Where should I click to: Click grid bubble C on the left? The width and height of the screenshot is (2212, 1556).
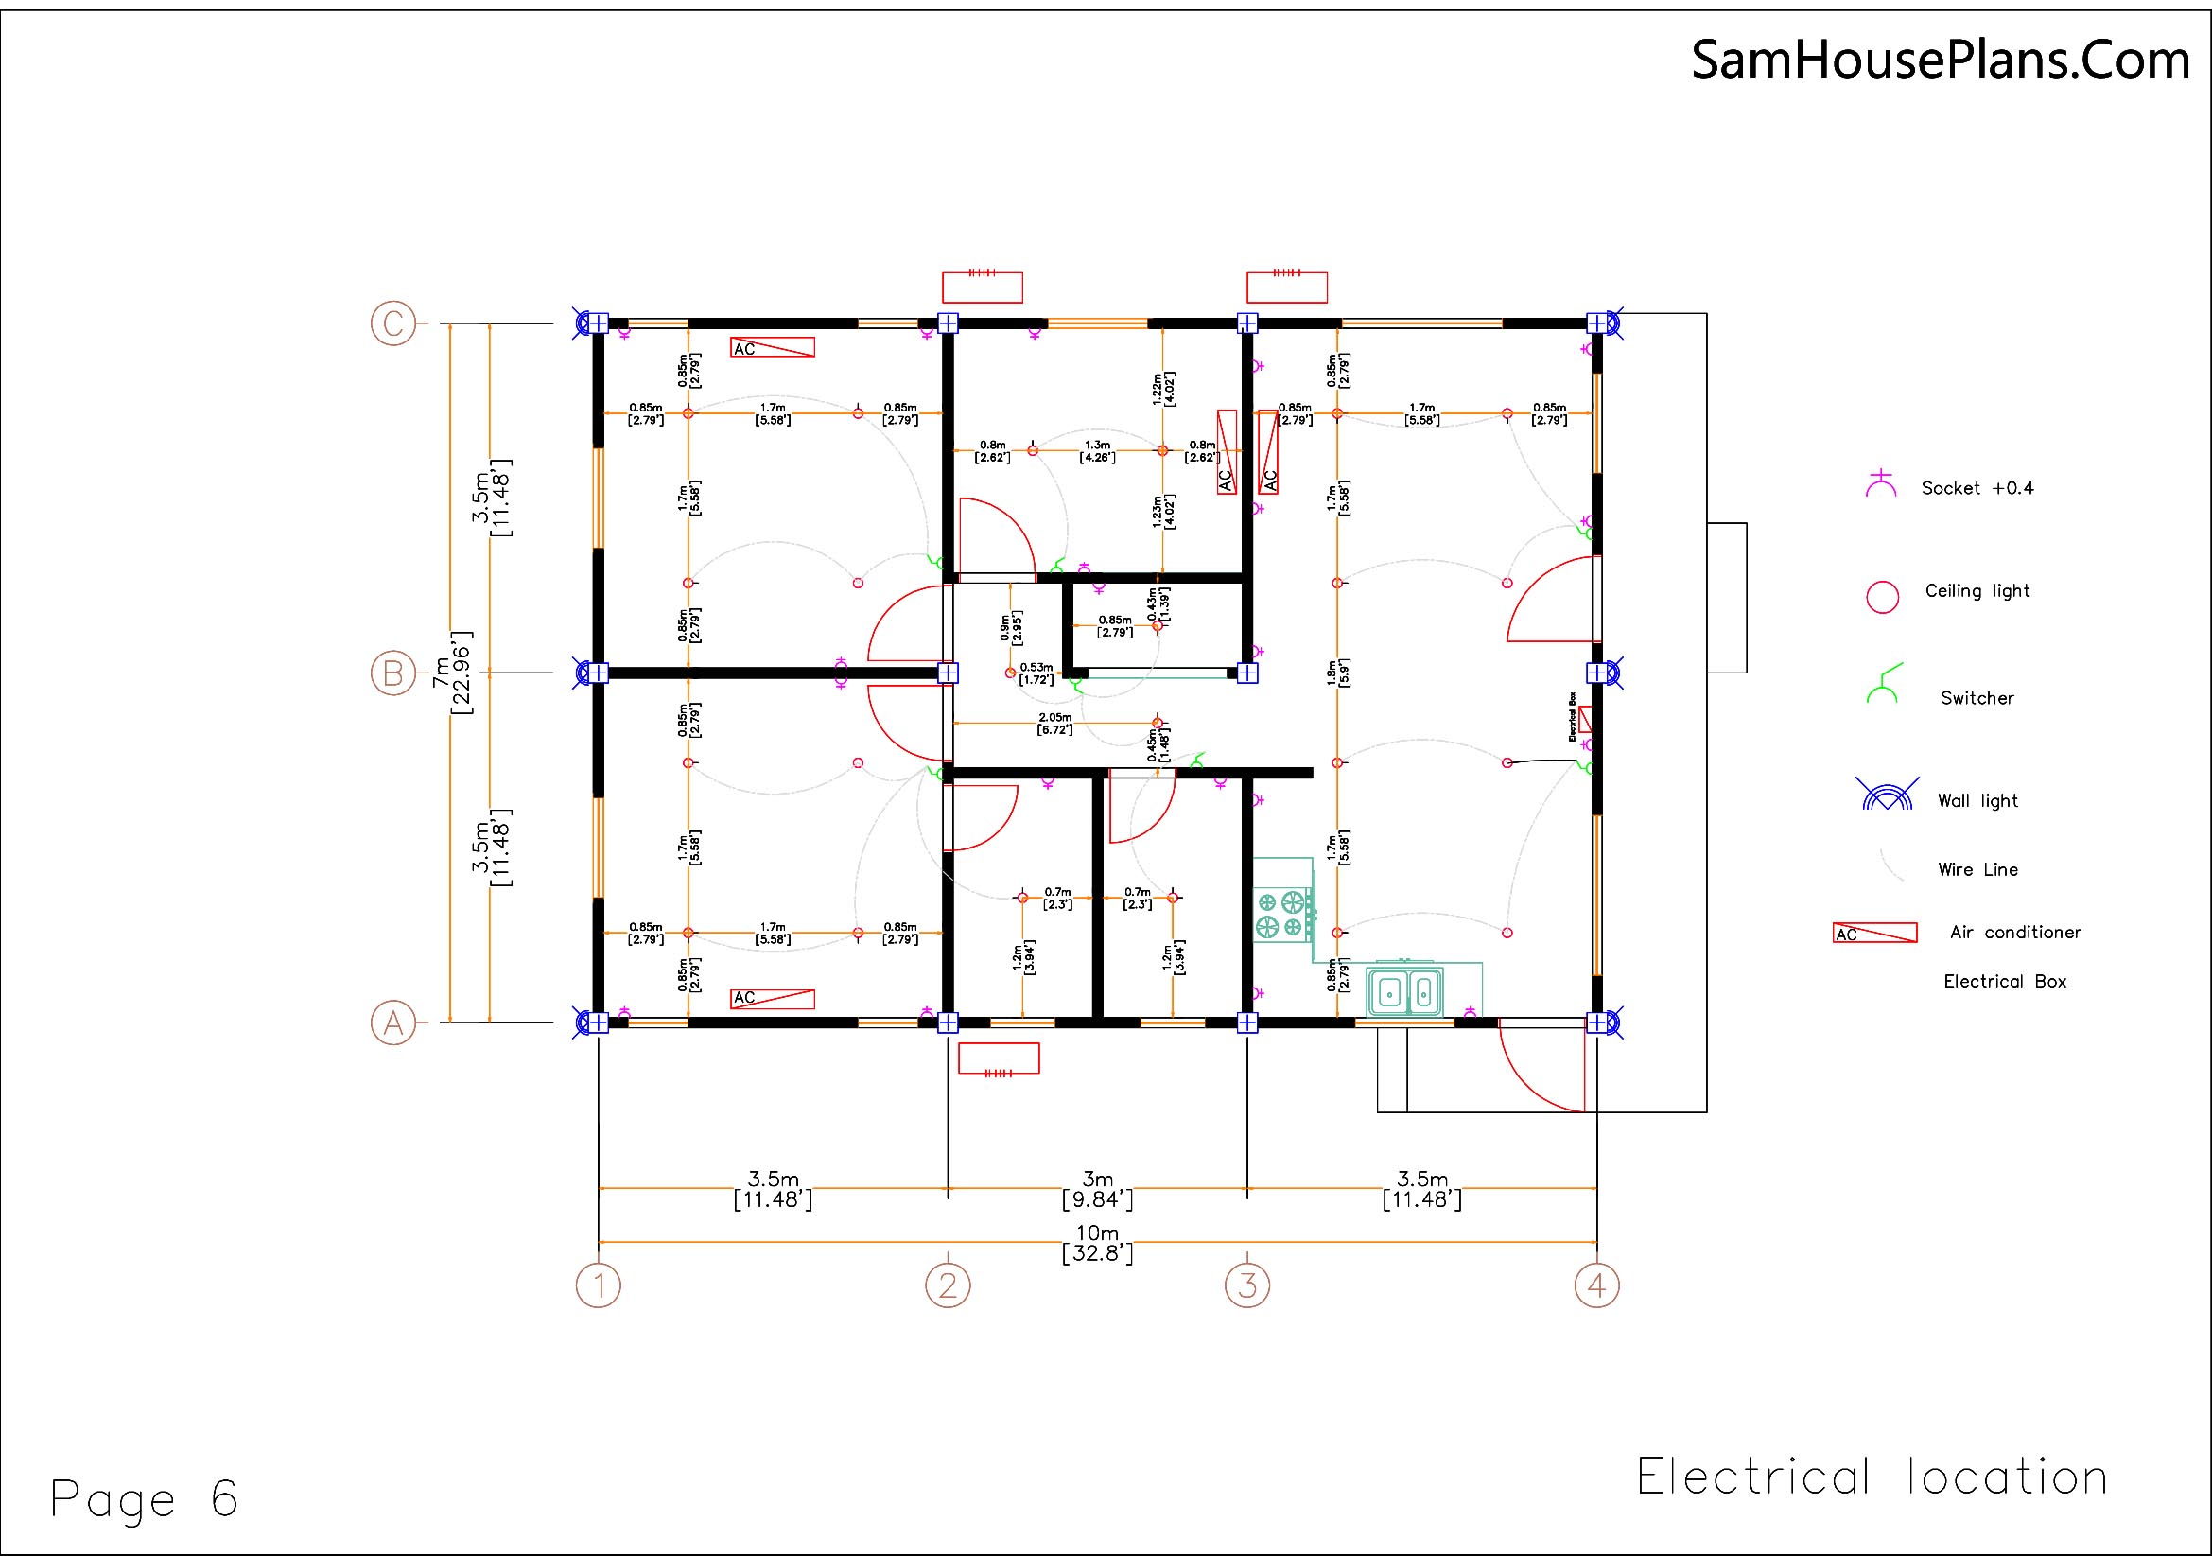tap(393, 323)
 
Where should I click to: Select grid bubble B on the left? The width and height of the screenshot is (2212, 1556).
tap(393, 673)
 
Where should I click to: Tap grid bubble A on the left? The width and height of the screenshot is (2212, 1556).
tap(393, 1023)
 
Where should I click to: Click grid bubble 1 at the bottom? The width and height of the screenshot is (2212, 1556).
tap(599, 1285)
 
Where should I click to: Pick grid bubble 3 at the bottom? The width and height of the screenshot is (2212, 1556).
tap(1247, 1285)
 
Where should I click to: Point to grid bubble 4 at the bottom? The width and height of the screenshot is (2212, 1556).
tap(1596, 1285)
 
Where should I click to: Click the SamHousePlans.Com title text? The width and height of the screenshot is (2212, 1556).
tap(1941, 60)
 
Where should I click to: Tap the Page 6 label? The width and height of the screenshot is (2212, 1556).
tap(145, 1499)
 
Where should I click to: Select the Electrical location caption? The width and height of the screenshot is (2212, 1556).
tap(1872, 1477)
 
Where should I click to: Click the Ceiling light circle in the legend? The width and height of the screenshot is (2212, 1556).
tap(1883, 596)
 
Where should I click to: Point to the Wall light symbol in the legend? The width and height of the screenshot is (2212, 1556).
tap(1887, 795)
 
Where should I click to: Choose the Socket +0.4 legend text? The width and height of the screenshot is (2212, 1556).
tap(1977, 488)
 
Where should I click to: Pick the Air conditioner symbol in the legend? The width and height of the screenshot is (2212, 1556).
tap(1874, 933)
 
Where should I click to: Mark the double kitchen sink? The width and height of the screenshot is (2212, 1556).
tap(1407, 991)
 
